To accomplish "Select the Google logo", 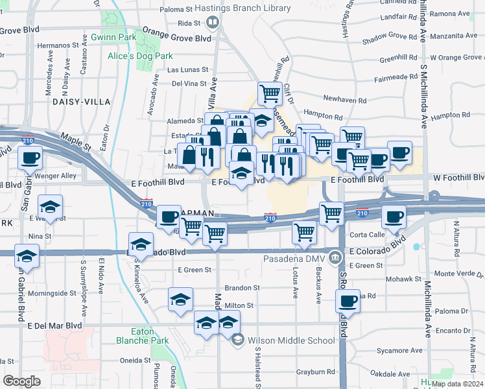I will point(22,381).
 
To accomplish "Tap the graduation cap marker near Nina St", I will point(50,207).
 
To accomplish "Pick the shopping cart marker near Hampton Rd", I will point(269,94).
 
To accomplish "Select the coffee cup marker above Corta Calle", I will point(392,217).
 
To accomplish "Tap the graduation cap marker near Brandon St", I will point(180,300).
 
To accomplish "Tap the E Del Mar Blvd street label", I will point(54,325).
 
